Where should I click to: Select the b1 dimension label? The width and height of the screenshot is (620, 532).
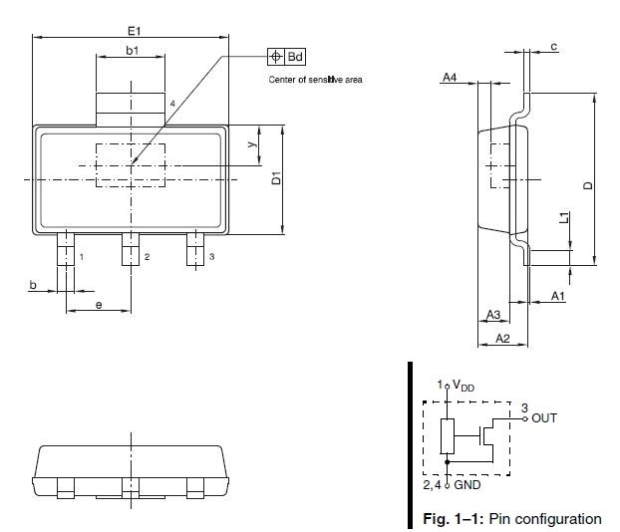[132, 50]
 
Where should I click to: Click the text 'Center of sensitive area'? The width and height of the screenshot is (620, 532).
[316, 80]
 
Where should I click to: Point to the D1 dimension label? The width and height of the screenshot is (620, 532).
[279, 180]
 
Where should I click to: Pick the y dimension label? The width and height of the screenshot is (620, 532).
[253, 143]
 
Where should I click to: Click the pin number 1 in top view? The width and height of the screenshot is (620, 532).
[81, 257]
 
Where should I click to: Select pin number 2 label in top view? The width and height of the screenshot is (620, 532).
[147, 257]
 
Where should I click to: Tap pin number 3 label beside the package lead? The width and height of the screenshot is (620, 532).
[210, 257]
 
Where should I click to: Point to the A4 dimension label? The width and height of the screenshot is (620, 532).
[451, 77]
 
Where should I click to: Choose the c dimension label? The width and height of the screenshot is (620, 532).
[552, 48]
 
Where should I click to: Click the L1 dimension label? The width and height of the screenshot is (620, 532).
[564, 217]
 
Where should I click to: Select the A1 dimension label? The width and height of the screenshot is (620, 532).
[558, 297]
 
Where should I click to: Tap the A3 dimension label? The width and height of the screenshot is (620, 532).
[492, 315]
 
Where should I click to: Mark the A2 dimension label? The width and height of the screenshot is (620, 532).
[502, 339]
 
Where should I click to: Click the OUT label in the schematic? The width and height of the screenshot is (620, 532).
[544, 417]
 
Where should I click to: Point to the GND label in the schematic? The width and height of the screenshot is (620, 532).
[467, 485]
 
